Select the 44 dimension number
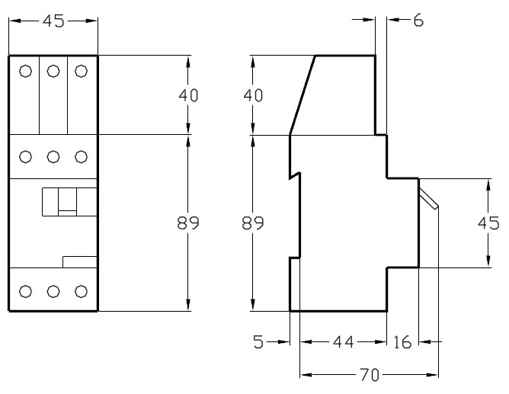(344, 343)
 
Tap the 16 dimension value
(403, 343)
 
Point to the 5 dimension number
(259, 343)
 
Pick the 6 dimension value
(418, 21)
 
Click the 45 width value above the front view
(53, 21)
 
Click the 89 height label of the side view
(254, 223)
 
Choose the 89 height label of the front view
(187, 223)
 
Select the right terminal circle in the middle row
(82, 157)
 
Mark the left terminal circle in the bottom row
(25, 290)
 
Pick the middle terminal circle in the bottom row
(53, 290)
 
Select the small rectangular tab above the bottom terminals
(79, 262)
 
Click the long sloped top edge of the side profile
(303, 94)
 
